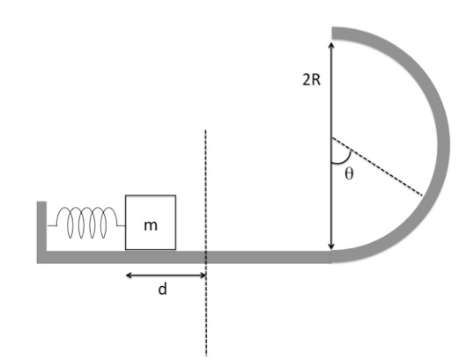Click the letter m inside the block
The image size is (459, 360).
pyautogui.click(x=151, y=225)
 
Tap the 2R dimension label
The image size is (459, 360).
pyautogui.click(x=311, y=79)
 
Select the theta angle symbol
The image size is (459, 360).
pyautogui.click(x=349, y=173)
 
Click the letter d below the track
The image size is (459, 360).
pyautogui.click(x=162, y=289)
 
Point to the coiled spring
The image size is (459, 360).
pyautogui.click(x=86, y=223)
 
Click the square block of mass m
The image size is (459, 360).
pyautogui.click(x=151, y=223)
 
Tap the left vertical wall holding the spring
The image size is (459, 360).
pyautogui.click(x=41, y=231)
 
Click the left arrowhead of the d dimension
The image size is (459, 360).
pyautogui.click(x=126, y=276)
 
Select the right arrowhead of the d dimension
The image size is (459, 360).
pyautogui.click(x=205, y=276)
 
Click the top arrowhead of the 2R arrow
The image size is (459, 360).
pyautogui.click(x=331, y=43)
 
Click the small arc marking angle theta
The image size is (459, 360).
pyautogui.click(x=344, y=158)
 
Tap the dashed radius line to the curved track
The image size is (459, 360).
pyautogui.click(x=377, y=166)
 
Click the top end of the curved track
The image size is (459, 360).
pyautogui.click(x=332, y=33)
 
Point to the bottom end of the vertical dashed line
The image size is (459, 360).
pyautogui.click(x=206, y=356)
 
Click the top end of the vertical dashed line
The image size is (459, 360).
pyautogui.click(x=205, y=130)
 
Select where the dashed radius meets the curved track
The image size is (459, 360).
pyautogui.click(x=424, y=196)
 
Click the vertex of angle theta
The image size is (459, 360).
pyautogui.click(x=331, y=137)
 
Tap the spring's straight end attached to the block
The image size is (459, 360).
pyautogui.click(x=121, y=225)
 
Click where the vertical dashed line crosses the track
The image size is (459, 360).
pyautogui.click(x=206, y=257)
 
